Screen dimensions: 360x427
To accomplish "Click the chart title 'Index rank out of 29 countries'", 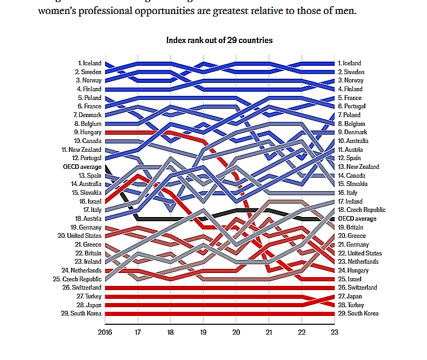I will (x=219, y=40).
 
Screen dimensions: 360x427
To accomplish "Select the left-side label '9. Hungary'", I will (x=87, y=132).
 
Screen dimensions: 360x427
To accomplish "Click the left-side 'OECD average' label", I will (x=82, y=167).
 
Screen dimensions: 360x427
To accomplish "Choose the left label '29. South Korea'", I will (x=81, y=313).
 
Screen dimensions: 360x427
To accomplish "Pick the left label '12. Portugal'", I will (x=85, y=158).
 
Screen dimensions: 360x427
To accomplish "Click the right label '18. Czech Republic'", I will (x=361, y=210).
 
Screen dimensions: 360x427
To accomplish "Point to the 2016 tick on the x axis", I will (x=105, y=333).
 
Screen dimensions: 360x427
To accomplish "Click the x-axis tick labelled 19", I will (x=204, y=333).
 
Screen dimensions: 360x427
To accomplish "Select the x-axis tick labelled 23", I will (x=334, y=333).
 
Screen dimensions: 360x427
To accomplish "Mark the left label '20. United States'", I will (x=80, y=236).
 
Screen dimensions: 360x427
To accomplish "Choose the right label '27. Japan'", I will (x=350, y=296).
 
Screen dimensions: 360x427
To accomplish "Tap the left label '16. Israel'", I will (x=89, y=201).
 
